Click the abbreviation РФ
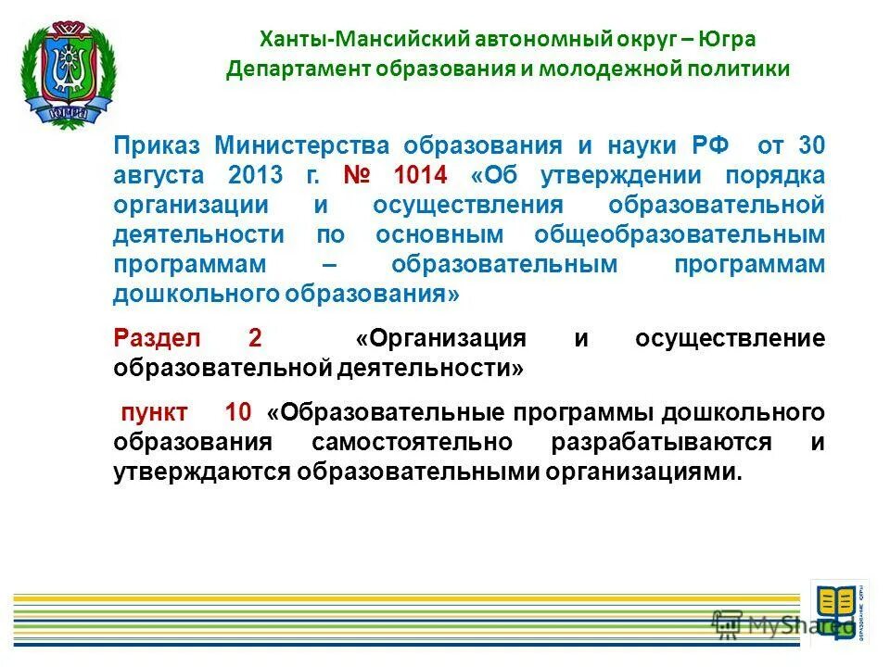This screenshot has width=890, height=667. (x=709, y=146)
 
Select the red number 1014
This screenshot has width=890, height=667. (x=420, y=176)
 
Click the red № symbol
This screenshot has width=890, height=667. (x=361, y=176)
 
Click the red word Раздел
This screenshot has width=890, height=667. (x=151, y=338)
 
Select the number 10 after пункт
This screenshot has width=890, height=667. (x=237, y=412)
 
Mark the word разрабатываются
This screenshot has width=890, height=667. (x=661, y=442)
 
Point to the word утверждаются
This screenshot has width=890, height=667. (x=202, y=472)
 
